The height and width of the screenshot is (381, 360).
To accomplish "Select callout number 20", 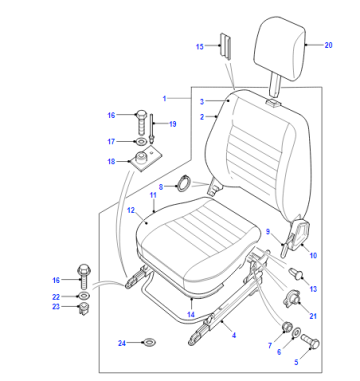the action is [x=328, y=45].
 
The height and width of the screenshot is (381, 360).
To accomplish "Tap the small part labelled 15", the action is [x=225, y=46].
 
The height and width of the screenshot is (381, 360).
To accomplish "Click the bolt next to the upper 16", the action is [x=141, y=122].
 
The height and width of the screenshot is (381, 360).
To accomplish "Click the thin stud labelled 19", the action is [x=152, y=129].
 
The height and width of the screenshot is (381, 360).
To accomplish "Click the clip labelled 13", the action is [x=297, y=274].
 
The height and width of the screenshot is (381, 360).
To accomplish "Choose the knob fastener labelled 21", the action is [x=291, y=298].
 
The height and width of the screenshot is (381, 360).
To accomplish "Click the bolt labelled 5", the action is [x=310, y=342].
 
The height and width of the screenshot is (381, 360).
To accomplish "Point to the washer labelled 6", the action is [x=296, y=333].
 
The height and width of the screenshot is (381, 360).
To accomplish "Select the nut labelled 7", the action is [x=286, y=327].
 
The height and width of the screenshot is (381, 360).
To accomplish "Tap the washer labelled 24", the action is [x=149, y=342].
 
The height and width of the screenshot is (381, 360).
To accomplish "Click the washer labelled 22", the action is [x=83, y=296].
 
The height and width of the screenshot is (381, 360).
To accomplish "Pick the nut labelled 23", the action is [x=84, y=309].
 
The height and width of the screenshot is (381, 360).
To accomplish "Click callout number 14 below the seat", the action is [x=191, y=314].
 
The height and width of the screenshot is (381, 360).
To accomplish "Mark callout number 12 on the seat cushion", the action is [x=131, y=210].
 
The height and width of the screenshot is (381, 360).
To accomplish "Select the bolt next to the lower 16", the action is [x=84, y=277].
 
